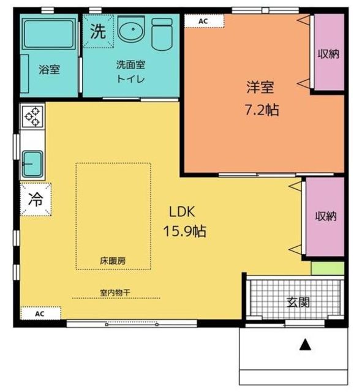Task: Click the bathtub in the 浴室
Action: (x=48, y=34)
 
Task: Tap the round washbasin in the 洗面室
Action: (x=131, y=29)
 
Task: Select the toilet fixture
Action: (x=162, y=34)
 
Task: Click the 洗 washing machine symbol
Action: (x=98, y=31)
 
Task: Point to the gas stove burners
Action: (x=32, y=116)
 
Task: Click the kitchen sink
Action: (x=32, y=164)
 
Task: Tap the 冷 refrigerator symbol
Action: (x=36, y=199)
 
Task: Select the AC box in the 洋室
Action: (x=204, y=21)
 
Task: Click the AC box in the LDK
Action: (x=40, y=314)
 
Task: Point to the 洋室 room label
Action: (x=260, y=87)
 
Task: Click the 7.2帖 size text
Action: (x=262, y=110)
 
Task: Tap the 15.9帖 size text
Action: (x=184, y=231)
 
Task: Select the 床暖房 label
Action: (x=113, y=261)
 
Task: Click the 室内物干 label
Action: (x=115, y=292)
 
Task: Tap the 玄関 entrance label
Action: (x=298, y=302)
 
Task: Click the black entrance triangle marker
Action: (x=305, y=345)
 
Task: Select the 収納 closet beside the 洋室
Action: (x=329, y=52)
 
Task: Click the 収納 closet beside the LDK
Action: (x=325, y=216)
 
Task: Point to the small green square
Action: (x=328, y=268)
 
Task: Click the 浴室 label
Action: (x=49, y=69)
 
